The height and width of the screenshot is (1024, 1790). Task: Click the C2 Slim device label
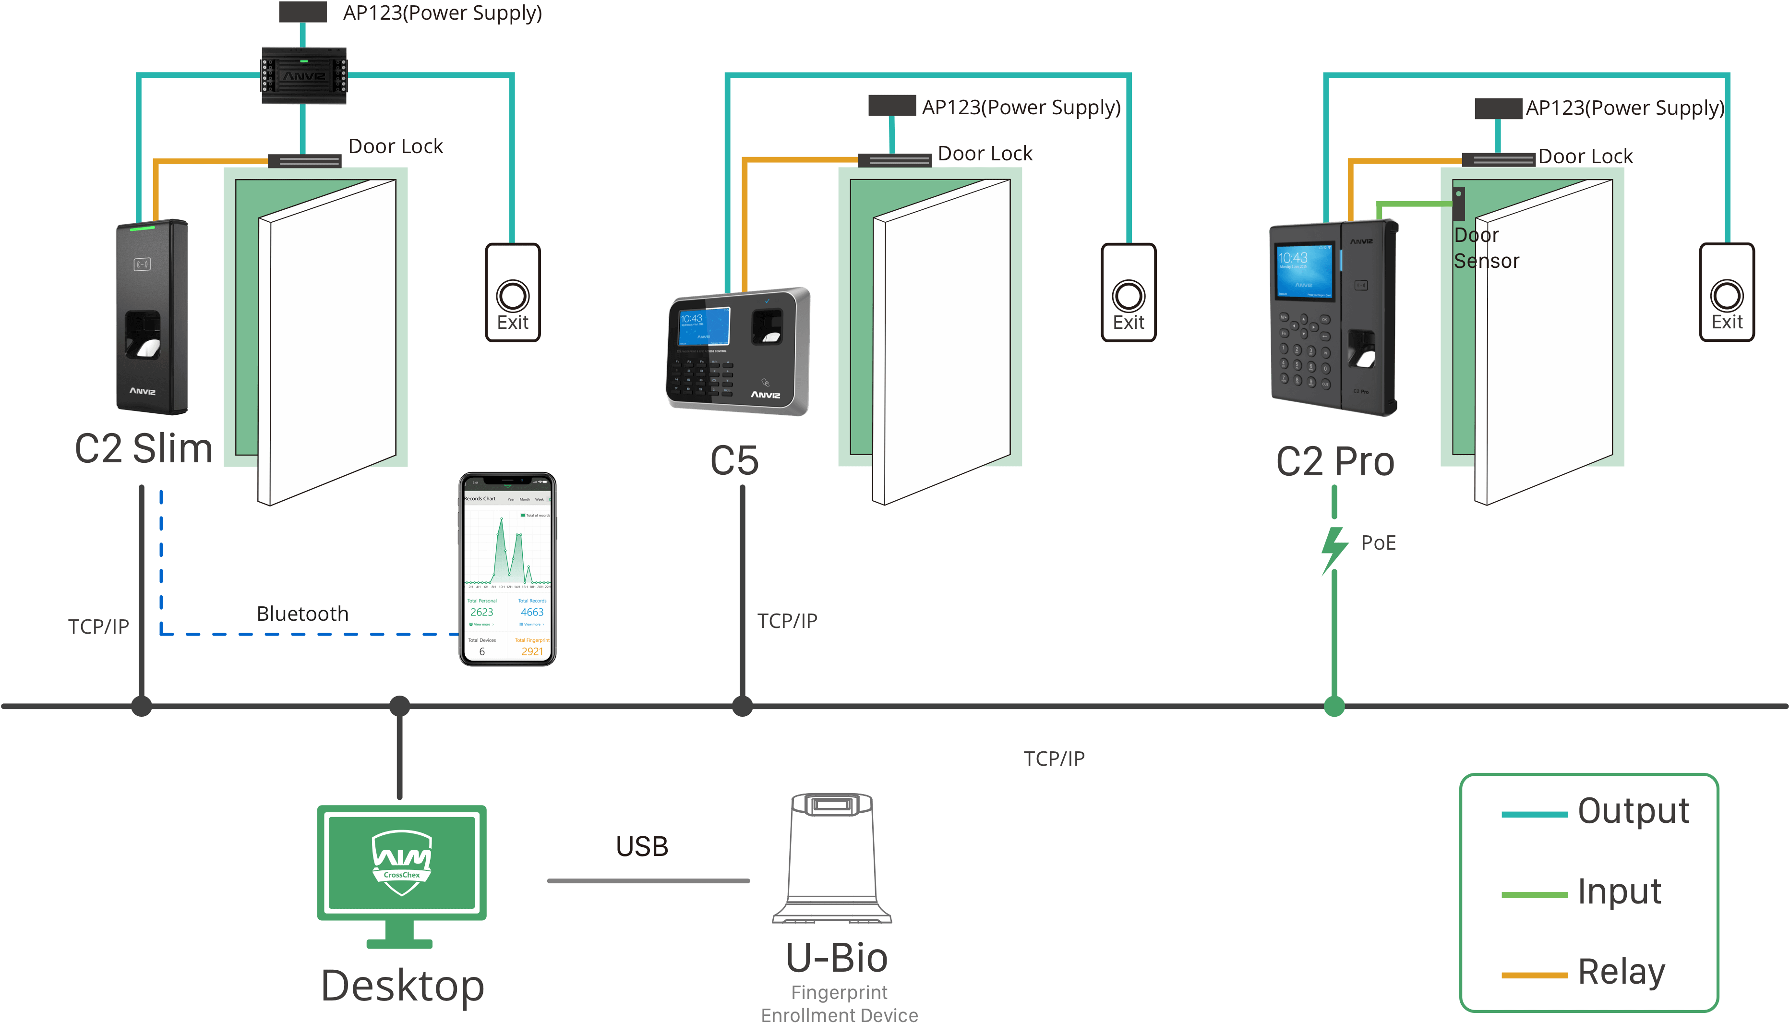[144, 449]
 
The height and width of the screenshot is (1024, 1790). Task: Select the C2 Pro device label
[1334, 462]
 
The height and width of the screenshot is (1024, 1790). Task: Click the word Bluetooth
[302, 614]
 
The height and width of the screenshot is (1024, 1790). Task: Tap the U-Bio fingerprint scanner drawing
[832, 857]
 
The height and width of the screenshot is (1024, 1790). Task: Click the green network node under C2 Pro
[1333, 706]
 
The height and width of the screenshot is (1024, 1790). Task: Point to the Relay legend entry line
[1534, 975]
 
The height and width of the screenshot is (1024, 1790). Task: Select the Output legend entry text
[1633, 811]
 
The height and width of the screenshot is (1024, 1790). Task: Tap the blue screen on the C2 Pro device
[1304, 271]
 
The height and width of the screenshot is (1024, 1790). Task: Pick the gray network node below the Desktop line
[399, 706]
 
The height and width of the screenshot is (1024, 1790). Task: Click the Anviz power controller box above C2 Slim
[304, 75]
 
